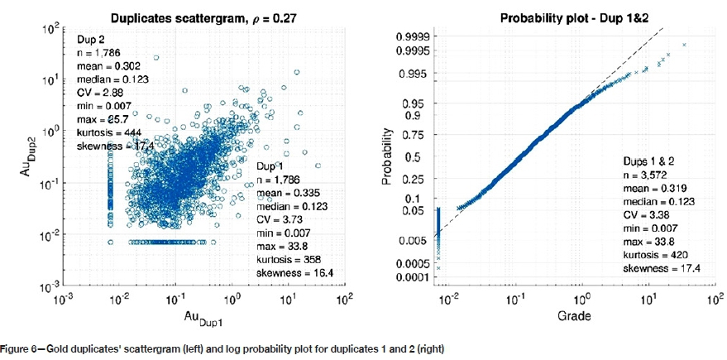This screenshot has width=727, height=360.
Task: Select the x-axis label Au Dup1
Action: tap(201, 319)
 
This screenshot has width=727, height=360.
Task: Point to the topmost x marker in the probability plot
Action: tap(684, 45)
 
